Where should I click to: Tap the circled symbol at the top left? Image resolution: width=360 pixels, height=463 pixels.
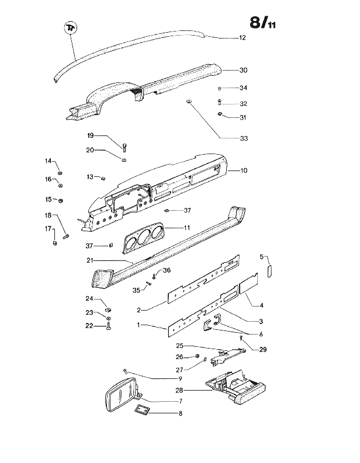point(71,28)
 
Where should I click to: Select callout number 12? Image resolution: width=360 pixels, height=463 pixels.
point(243,38)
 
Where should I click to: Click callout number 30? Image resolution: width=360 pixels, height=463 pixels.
point(243,70)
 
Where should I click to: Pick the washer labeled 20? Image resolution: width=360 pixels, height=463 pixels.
point(124,160)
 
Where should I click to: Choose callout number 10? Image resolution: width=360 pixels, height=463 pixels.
point(244,170)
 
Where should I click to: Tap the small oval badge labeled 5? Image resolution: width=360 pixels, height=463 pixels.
point(270,271)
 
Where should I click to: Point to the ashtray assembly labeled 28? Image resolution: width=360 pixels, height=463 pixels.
point(236,387)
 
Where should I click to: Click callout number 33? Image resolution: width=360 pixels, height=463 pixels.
point(244,138)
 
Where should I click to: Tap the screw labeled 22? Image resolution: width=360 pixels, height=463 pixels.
point(109,326)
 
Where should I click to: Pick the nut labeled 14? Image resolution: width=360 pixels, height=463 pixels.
point(60,173)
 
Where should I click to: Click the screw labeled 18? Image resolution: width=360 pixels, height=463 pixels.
point(65,236)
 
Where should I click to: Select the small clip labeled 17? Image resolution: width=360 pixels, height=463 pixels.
point(55,243)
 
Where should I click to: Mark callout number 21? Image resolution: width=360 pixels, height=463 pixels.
point(90,261)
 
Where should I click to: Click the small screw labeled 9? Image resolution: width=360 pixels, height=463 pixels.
point(126,371)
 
